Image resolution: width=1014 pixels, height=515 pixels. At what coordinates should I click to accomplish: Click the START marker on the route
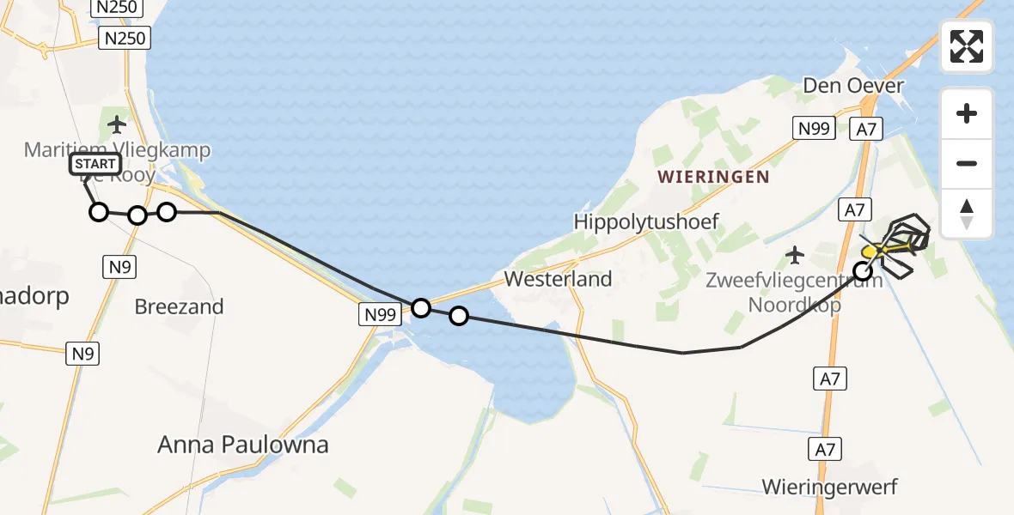point(95,164)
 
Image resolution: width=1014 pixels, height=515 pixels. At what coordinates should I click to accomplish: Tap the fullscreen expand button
point(967,46)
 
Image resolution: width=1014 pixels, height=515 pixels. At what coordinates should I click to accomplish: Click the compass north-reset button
point(967,214)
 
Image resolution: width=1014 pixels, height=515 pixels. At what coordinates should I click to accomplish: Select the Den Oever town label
point(853,86)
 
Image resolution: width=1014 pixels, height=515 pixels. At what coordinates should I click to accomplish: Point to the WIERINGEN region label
point(712,177)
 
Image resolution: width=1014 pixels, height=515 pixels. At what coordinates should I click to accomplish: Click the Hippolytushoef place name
point(646,222)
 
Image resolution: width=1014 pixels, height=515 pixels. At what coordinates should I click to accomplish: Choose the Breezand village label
point(179,306)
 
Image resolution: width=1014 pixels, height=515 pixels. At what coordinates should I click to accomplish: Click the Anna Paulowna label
point(243,445)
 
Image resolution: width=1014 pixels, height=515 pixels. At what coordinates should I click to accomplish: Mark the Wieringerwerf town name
point(829,488)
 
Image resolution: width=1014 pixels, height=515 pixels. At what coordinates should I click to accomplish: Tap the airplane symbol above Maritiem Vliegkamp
point(118,124)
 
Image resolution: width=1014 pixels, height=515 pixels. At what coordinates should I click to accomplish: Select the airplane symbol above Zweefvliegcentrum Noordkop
point(796,255)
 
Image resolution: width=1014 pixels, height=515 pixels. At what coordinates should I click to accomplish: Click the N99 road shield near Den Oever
point(813,129)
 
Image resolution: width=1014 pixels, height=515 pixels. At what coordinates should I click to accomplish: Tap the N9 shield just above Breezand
point(119,267)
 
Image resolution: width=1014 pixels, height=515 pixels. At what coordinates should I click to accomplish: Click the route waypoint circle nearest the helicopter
point(862,271)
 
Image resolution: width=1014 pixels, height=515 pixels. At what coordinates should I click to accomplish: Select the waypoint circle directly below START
point(99,212)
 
